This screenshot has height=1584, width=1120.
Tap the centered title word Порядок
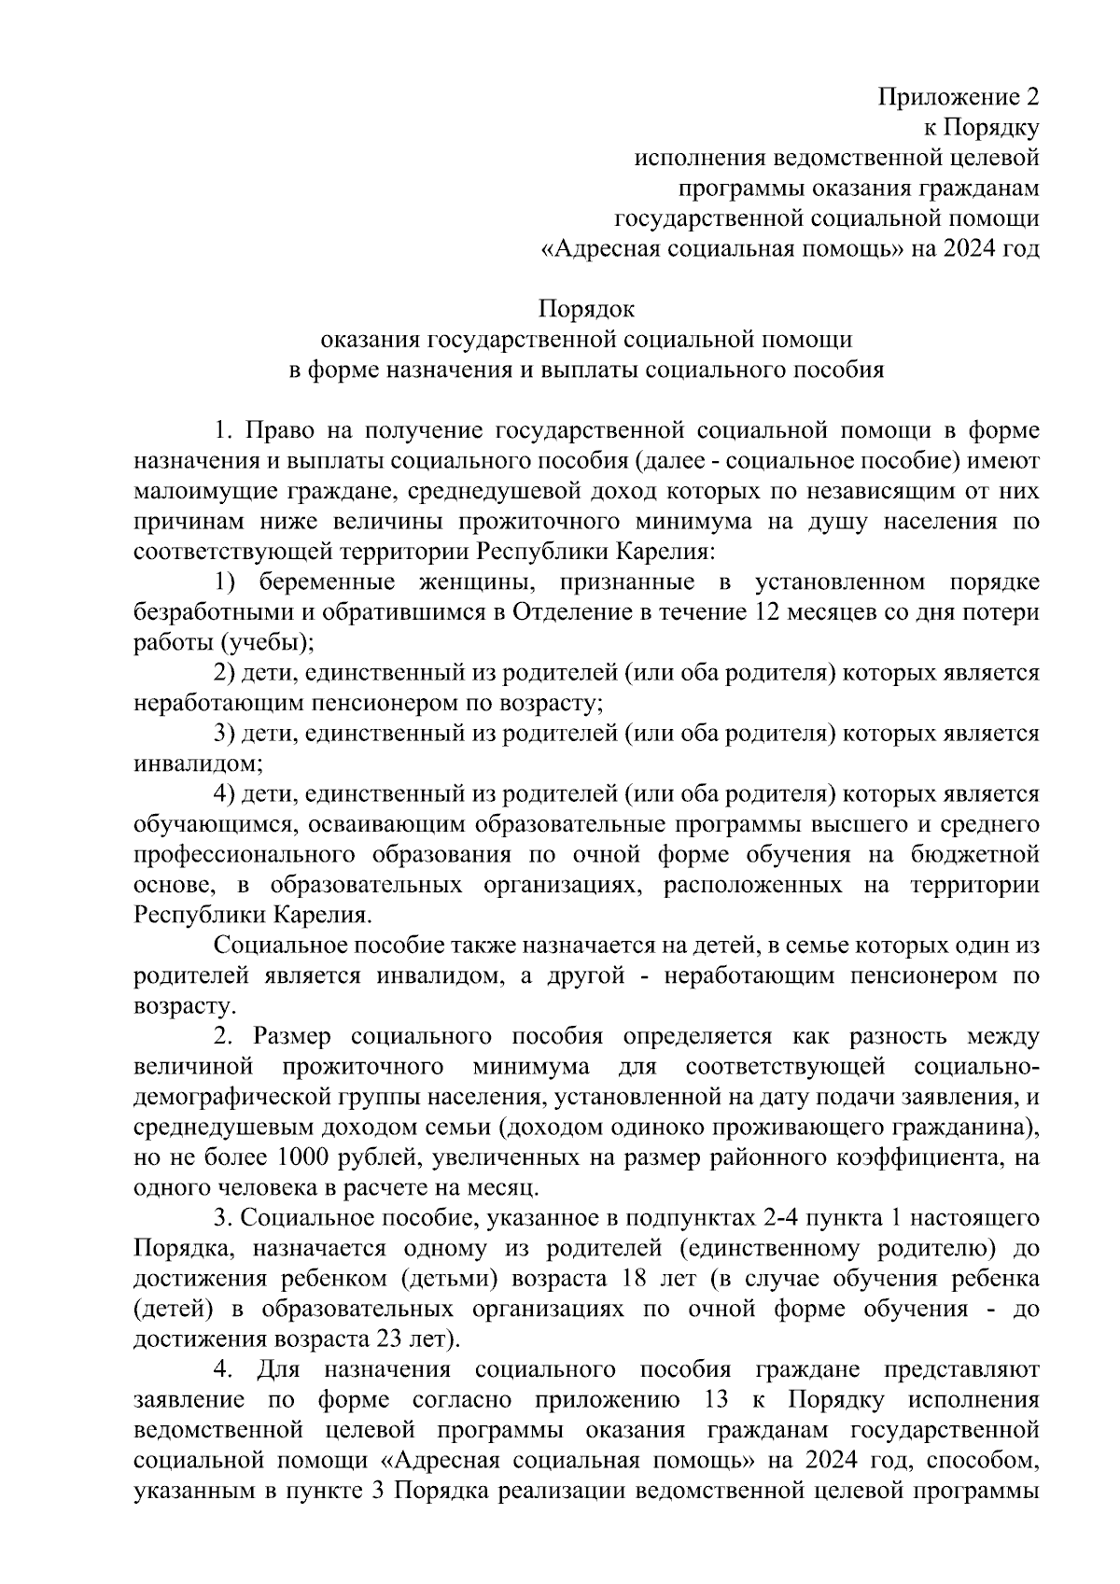(586, 308)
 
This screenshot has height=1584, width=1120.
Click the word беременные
(321, 582)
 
